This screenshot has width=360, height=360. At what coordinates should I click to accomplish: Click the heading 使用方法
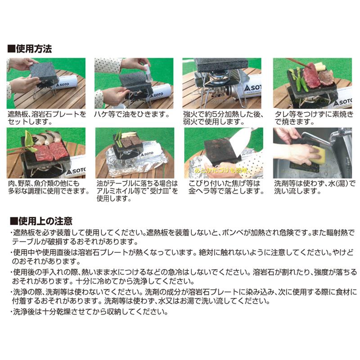point(30,49)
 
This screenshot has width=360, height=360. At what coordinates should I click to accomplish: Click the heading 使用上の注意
point(41,221)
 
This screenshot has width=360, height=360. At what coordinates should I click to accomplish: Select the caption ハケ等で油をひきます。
point(132,114)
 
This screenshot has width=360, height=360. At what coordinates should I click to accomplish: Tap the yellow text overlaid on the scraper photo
point(222,171)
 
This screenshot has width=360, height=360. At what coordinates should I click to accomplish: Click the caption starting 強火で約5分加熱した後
point(223,118)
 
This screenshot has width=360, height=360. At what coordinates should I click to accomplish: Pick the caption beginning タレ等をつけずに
point(314,118)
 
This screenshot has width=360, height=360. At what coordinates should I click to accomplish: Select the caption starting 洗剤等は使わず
point(315,187)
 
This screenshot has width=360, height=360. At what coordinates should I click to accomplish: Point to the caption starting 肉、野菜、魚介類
point(49,187)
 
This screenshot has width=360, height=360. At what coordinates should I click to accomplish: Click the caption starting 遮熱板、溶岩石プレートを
point(47,118)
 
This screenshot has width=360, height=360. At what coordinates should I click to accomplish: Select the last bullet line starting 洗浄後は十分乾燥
point(89,312)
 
